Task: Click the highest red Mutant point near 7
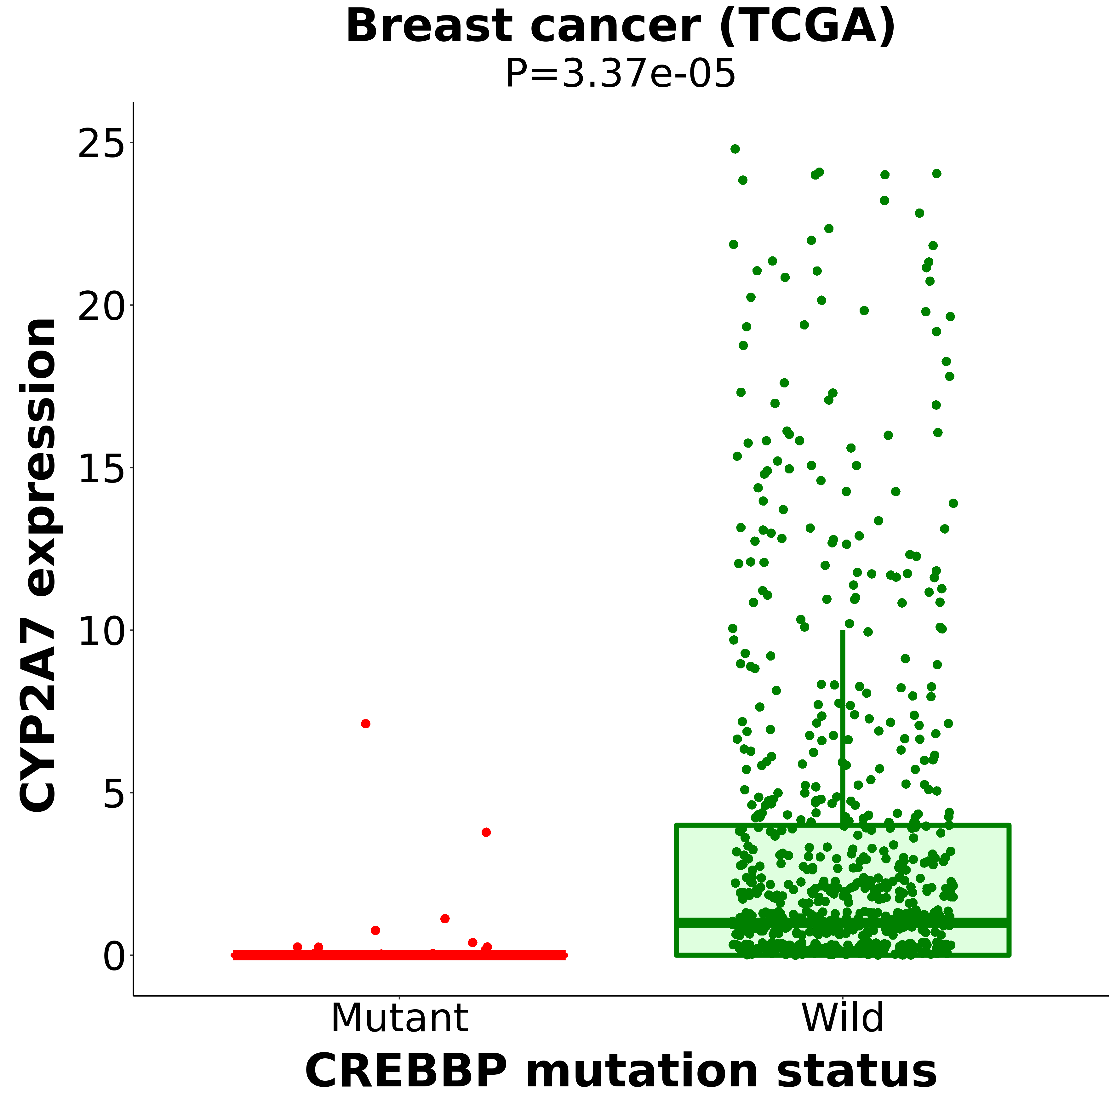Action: [366, 724]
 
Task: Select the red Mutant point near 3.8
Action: [486, 833]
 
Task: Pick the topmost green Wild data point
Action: [735, 149]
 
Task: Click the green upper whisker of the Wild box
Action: [843, 722]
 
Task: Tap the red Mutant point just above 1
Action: [445, 919]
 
